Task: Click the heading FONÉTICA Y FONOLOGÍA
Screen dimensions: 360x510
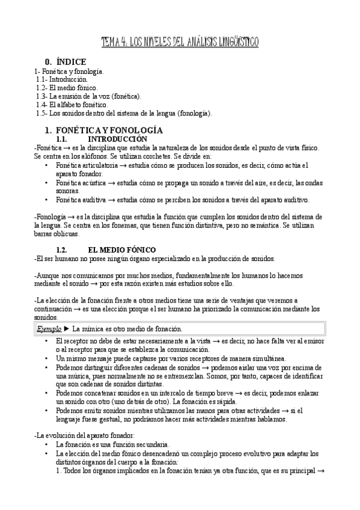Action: click(100, 130)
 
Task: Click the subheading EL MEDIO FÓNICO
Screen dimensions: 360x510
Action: click(121, 249)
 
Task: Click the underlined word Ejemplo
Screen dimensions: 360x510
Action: click(49, 329)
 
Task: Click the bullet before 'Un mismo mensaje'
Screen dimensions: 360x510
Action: click(47, 357)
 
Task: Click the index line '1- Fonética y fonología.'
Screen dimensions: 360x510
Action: click(69, 71)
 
